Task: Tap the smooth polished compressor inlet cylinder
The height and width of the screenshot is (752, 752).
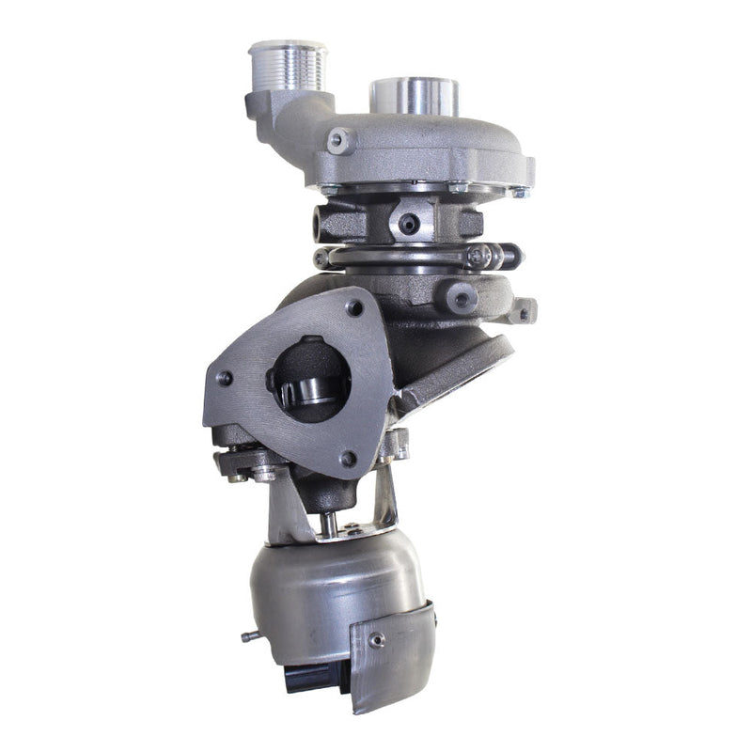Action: click(415, 95)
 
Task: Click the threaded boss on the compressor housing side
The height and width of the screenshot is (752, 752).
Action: click(340, 142)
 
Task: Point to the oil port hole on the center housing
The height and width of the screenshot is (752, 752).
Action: click(408, 224)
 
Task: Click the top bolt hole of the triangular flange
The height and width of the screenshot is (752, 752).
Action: click(354, 307)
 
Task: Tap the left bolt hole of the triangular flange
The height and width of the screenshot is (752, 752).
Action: click(225, 378)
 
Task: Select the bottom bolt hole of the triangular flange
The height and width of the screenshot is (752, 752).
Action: click(349, 459)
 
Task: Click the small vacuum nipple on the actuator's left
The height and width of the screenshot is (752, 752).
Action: click(250, 636)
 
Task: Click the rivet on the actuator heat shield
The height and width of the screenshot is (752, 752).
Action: click(377, 639)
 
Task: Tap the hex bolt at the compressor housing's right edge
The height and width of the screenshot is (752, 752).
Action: click(519, 192)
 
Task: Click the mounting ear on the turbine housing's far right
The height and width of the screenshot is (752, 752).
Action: click(525, 309)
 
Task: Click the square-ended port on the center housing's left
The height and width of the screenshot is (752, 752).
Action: click(327, 222)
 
